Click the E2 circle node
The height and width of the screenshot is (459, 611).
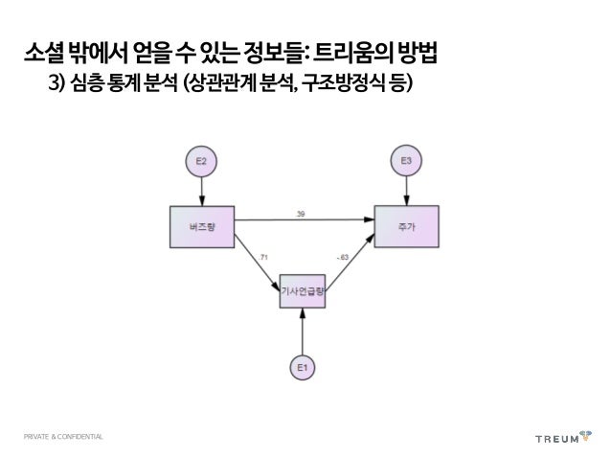click(201, 162)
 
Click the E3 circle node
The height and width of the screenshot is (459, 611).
click(406, 161)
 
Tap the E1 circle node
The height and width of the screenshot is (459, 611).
click(303, 366)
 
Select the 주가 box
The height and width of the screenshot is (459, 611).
click(407, 226)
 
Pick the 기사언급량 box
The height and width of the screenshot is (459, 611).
click(303, 290)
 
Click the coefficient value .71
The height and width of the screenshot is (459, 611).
click(262, 255)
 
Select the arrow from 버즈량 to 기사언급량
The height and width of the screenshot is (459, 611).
click(255, 264)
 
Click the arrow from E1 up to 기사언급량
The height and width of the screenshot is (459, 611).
click(303, 330)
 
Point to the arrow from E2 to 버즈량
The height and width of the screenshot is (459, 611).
click(201, 192)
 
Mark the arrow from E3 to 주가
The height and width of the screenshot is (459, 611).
click(406, 191)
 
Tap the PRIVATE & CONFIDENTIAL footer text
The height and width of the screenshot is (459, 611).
click(65, 438)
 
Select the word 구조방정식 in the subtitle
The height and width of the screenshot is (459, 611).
click(343, 87)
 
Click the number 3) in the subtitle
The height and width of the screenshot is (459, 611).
click(56, 87)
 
